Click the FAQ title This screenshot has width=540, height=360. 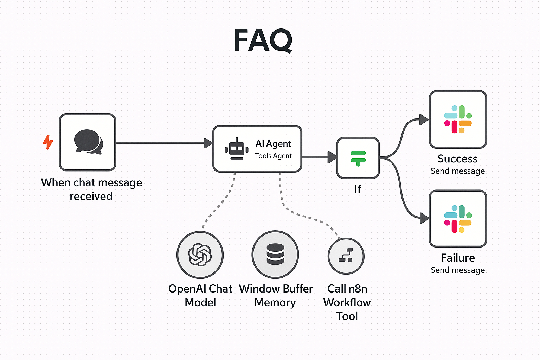click(263, 40)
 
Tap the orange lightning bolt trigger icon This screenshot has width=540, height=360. click(48, 142)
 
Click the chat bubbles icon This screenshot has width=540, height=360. click(88, 142)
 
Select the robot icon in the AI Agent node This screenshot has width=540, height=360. click(237, 149)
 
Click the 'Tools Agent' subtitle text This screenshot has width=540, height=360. click(273, 156)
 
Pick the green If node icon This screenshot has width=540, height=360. click(358, 158)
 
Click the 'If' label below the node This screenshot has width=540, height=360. click(358, 189)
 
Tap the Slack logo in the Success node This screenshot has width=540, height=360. click(458, 119)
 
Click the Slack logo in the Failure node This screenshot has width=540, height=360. click(458, 219)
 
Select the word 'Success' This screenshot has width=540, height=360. click(457, 159)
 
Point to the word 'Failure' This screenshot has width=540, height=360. click(458, 258)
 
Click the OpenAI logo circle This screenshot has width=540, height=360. click(200, 255)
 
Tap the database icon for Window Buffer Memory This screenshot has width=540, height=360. click(275, 254)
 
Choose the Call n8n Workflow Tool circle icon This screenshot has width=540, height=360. click(346, 256)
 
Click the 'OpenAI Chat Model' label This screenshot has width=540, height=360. click(200, 295)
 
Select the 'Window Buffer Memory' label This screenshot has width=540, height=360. click(276, 295)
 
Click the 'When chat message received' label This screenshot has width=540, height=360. click(91, 189)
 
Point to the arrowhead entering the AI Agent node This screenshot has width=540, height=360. click(208, 143)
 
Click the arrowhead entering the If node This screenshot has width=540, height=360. click(332, 157)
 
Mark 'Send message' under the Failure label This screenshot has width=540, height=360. click(457, 270)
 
